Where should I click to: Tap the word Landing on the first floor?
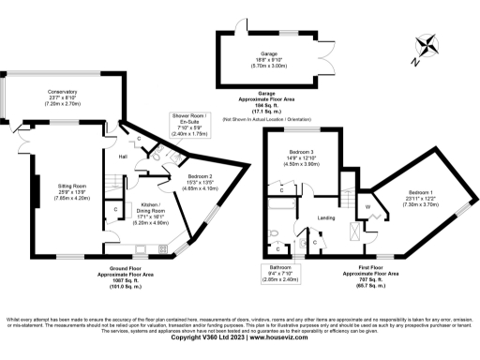[x=326, y=218]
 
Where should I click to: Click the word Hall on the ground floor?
[x=123, y=157]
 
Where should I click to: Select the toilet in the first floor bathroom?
[x=273, y=233]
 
